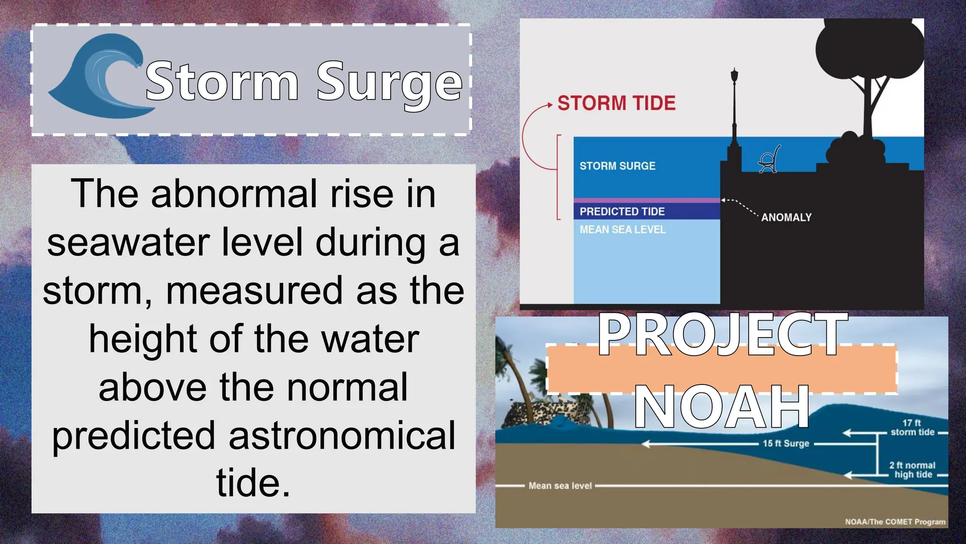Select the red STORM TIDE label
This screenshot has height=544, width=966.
(616, 103)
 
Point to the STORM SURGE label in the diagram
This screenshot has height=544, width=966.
(617, 166)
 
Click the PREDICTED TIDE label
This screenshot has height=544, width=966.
(622, 212)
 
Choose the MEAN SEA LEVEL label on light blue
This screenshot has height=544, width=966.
(623, 229)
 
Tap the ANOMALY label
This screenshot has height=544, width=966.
(786, 217)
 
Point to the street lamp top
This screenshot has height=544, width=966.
(734, 76)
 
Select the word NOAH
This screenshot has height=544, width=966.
(722, 406)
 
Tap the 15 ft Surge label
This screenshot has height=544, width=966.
(786, 443)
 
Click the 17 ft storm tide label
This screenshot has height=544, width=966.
(912, 427)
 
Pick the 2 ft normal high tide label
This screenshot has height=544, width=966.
(913, 470)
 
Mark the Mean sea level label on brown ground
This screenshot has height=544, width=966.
(560, 485)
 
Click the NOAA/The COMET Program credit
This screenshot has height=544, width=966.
(895, 522)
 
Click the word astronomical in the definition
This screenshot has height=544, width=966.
(342, 435)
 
